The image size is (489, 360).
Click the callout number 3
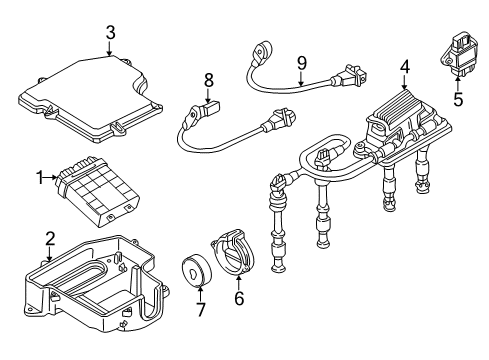coord(110,33)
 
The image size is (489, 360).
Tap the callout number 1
coord(40,177)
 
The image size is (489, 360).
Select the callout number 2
coord(50,239)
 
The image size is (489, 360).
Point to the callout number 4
coord(405,67)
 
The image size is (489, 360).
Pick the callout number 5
coord(458,99)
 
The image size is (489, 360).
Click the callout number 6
coord(239,298)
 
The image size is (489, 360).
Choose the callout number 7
coord(200,310)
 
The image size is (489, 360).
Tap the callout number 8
coord(208,80)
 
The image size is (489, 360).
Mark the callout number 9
coord(302,63)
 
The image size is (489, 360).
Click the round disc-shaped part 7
coord(196,270)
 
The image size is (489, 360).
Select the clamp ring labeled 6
coord(234,252)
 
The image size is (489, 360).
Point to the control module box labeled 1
coord(98,191)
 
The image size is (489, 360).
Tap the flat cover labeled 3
coord(90,99)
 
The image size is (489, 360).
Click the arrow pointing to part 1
coord(51,177)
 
